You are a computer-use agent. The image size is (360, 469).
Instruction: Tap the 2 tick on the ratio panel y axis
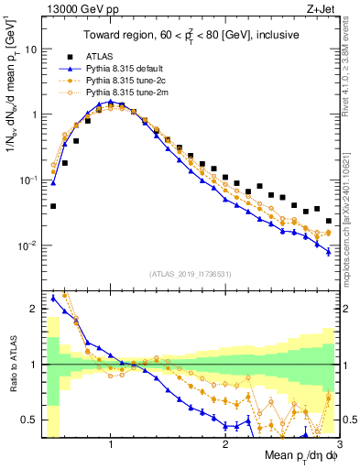click(x=34, y=310)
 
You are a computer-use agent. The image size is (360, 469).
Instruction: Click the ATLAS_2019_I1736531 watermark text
click(x=190, y=273)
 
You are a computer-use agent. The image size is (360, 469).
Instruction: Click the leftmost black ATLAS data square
click(x=53, y=206)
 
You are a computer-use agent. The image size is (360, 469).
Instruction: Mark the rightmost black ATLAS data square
click(x=329, y=221)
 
